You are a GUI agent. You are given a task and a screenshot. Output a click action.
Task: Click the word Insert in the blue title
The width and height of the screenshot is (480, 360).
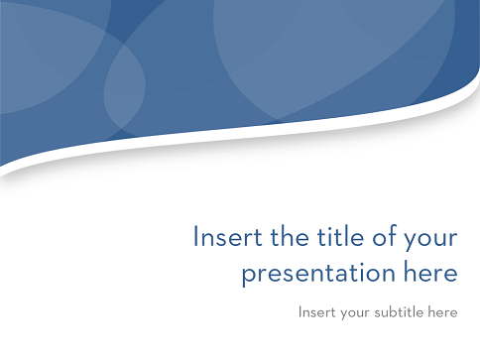[x=228, y=236]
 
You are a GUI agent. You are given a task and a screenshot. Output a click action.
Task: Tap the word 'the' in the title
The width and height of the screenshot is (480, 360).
[x=290, y=236]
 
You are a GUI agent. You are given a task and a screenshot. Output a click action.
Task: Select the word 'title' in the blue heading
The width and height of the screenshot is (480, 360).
[x=340, y=236]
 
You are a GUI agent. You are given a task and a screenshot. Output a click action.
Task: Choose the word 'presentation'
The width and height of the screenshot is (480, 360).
[x=318, y=274]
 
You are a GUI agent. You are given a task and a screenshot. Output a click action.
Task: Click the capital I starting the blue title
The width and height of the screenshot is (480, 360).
[x=195, y=236]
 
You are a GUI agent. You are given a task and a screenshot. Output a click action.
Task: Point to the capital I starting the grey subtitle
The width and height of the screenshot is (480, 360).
[x=300, y=312]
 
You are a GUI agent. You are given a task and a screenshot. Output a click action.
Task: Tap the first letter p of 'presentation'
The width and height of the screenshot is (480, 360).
[x=250, y=277]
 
